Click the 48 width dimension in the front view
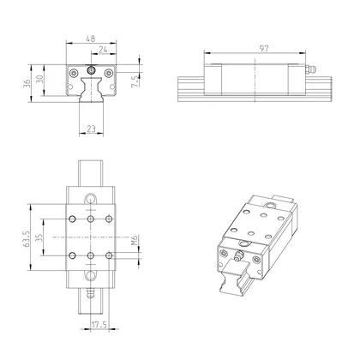[89, 39]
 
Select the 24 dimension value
[103, 50]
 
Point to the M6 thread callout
[135, 243]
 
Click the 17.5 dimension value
[99, 324]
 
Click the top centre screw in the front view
[90, 69]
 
